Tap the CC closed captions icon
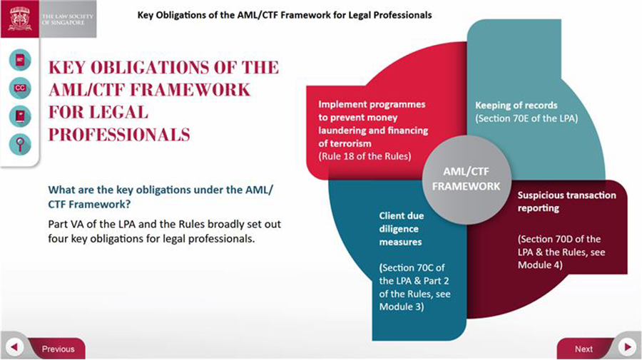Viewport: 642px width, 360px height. tap(20, 88)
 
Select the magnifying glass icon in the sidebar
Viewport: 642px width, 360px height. tap(20, 145)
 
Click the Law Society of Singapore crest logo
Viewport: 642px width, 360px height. tap(20, 19)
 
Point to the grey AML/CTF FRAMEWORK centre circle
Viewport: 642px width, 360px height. tap(467, 180)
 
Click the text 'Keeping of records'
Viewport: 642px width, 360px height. tap(516, 105)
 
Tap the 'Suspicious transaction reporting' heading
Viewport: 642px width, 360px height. tap(566, 201)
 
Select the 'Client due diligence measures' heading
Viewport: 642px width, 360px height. tap(401, 229)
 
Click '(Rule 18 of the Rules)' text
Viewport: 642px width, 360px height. tap(365, 156)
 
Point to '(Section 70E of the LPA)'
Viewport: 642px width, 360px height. tap(526, 118)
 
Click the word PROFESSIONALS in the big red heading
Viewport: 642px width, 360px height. tap(119, 135)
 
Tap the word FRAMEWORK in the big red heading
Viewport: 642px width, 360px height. tap(190, 90)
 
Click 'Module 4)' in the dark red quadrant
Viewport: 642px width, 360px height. tap(540, 265)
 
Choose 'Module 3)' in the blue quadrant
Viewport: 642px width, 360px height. tap(401, 307)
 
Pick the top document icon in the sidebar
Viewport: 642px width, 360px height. tap(20, 60)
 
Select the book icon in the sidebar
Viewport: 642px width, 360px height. tap(20, 116)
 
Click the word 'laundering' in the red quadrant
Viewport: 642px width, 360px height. tap(342, 130)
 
